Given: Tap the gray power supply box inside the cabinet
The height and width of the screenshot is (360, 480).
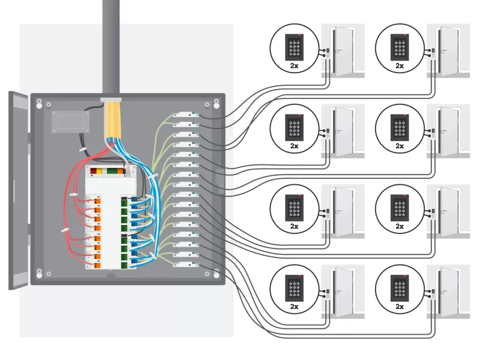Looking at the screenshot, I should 70,121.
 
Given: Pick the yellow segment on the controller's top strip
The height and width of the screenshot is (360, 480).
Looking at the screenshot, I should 94,172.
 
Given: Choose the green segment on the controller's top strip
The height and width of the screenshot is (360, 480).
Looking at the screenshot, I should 111,172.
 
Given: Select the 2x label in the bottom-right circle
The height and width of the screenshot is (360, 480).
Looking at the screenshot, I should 400,307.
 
